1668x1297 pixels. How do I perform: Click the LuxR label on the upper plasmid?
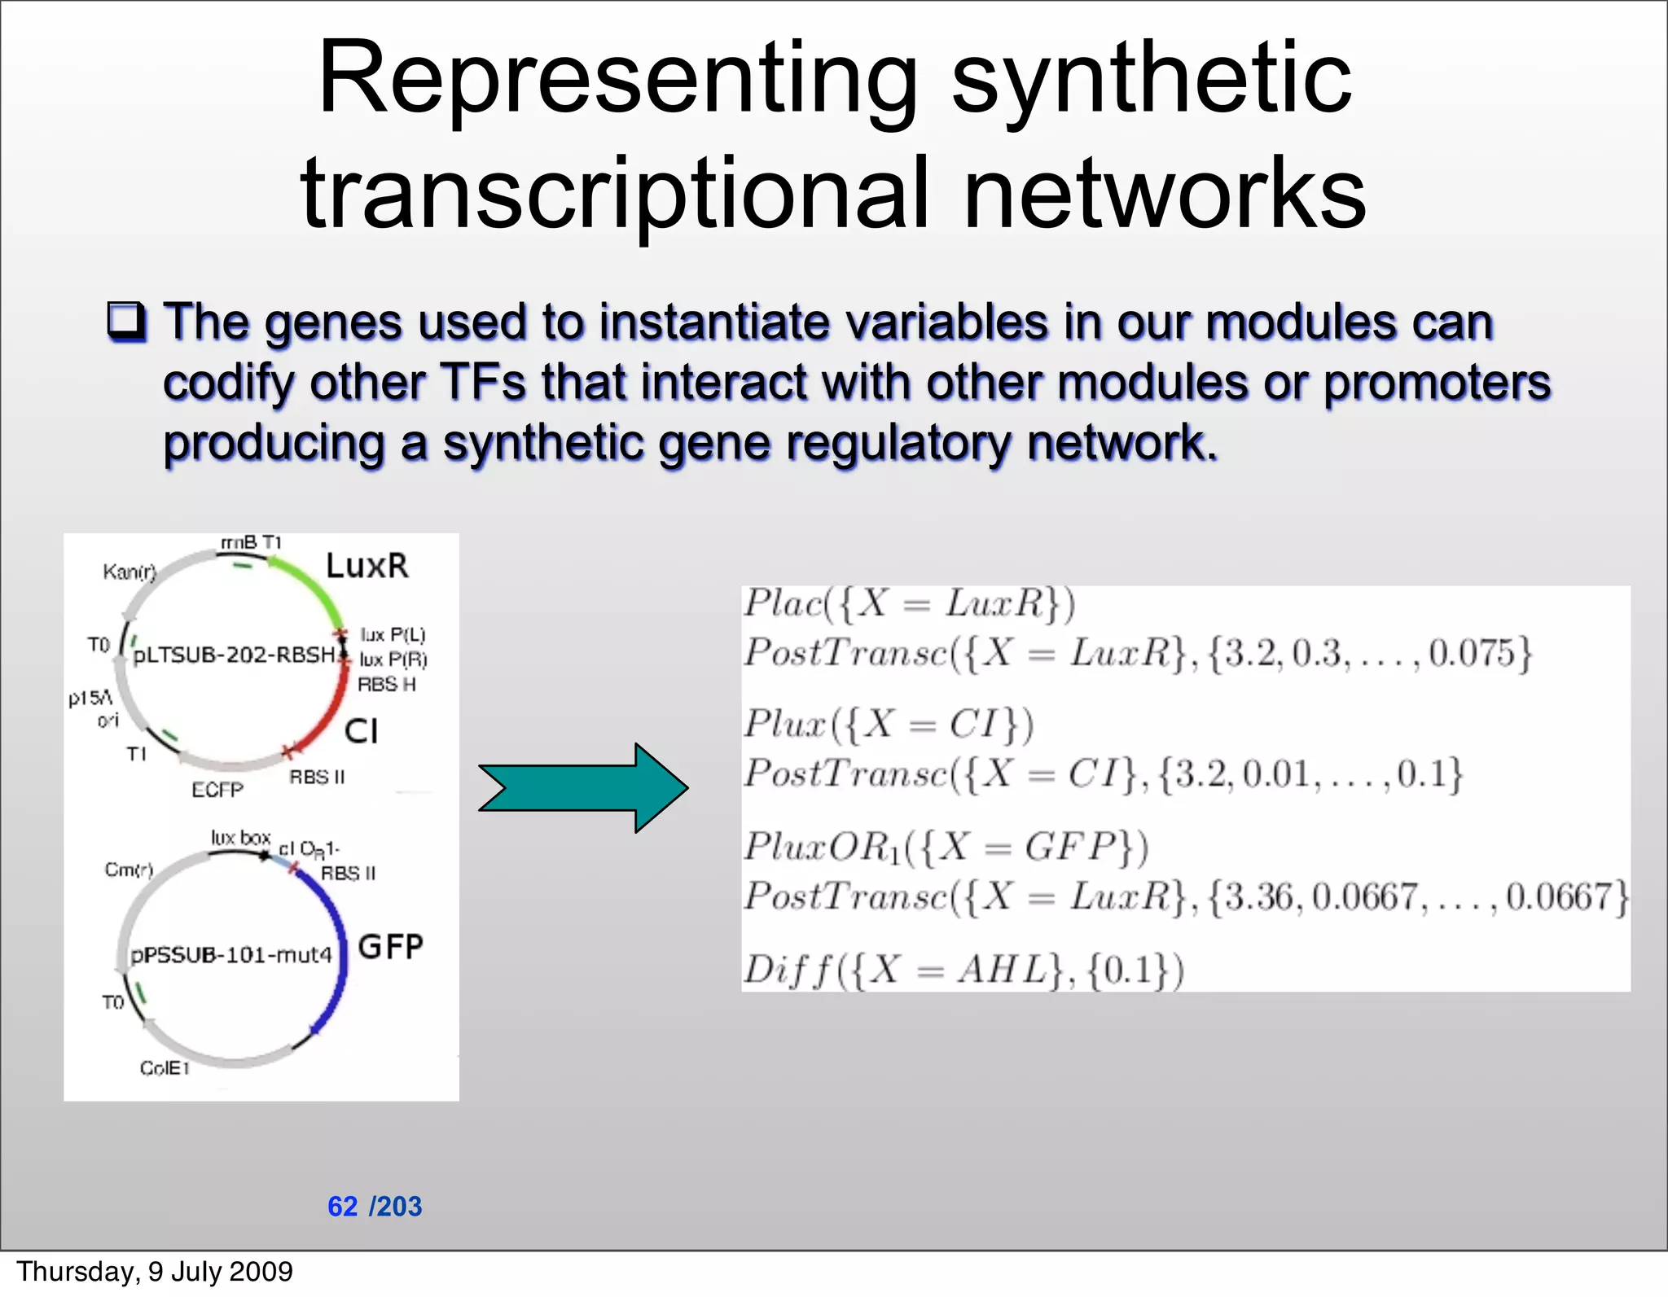click(367, 566)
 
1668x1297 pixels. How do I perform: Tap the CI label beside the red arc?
click(361, 731)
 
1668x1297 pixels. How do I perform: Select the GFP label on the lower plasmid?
click(390, 947)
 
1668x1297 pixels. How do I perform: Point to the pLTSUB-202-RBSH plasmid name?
click(235, 655)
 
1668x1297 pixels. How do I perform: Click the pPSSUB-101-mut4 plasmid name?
click(232, 954)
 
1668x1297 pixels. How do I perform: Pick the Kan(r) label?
click(129, 572)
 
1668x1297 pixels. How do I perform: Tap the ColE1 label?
click(165, 1068)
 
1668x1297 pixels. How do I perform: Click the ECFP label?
click(217, 790)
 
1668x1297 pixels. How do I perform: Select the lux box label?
click(240, 838)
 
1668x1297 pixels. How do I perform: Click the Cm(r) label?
click(129, 870)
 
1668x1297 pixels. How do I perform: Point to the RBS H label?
click(386, 685)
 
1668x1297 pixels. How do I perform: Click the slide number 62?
click(342, 1206)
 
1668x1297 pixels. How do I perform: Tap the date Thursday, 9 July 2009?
click(155, 1271)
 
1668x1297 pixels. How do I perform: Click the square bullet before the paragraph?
click(127, 322)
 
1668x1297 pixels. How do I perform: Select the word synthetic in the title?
click(1152, 80)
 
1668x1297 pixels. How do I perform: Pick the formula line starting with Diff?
click(963, 970)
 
